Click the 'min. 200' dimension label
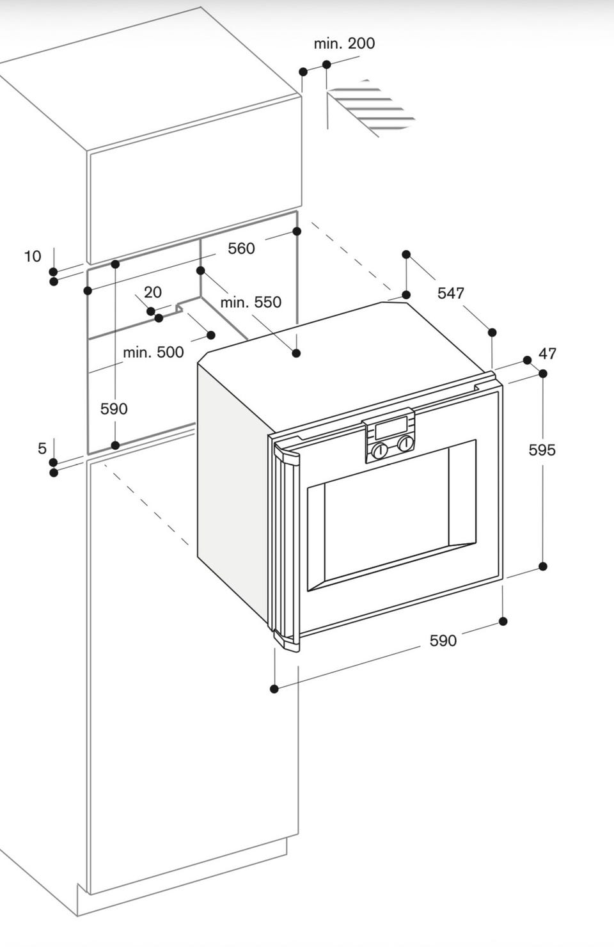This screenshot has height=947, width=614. click(x=344, y=44)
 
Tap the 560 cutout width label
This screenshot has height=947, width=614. click(x=241, y=248)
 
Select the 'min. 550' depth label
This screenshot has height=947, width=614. click(x=251, y=302)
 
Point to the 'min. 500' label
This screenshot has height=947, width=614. click(x=153, y=352)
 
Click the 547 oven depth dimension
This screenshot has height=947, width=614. click(x=451, y=293)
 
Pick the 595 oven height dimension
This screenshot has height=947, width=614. click(x=542, y=450)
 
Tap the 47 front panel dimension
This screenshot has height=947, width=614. click(x=547, y=353)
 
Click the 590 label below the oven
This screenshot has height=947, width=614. click(x=443, y=641)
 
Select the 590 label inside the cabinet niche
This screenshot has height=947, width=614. click(x=114, y=409)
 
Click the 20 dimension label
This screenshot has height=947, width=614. click(x=153, y=292)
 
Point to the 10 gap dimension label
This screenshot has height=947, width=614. click(x=33, y=256)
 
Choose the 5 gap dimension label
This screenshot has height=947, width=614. click(x=42, y=448)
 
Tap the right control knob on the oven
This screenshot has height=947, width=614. click(x=405, y=443)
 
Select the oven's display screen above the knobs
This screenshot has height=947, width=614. click(x=391, y=427)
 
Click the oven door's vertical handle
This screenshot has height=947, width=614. click(x=286, y=549)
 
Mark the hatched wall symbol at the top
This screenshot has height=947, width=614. click(x=371, y=107)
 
